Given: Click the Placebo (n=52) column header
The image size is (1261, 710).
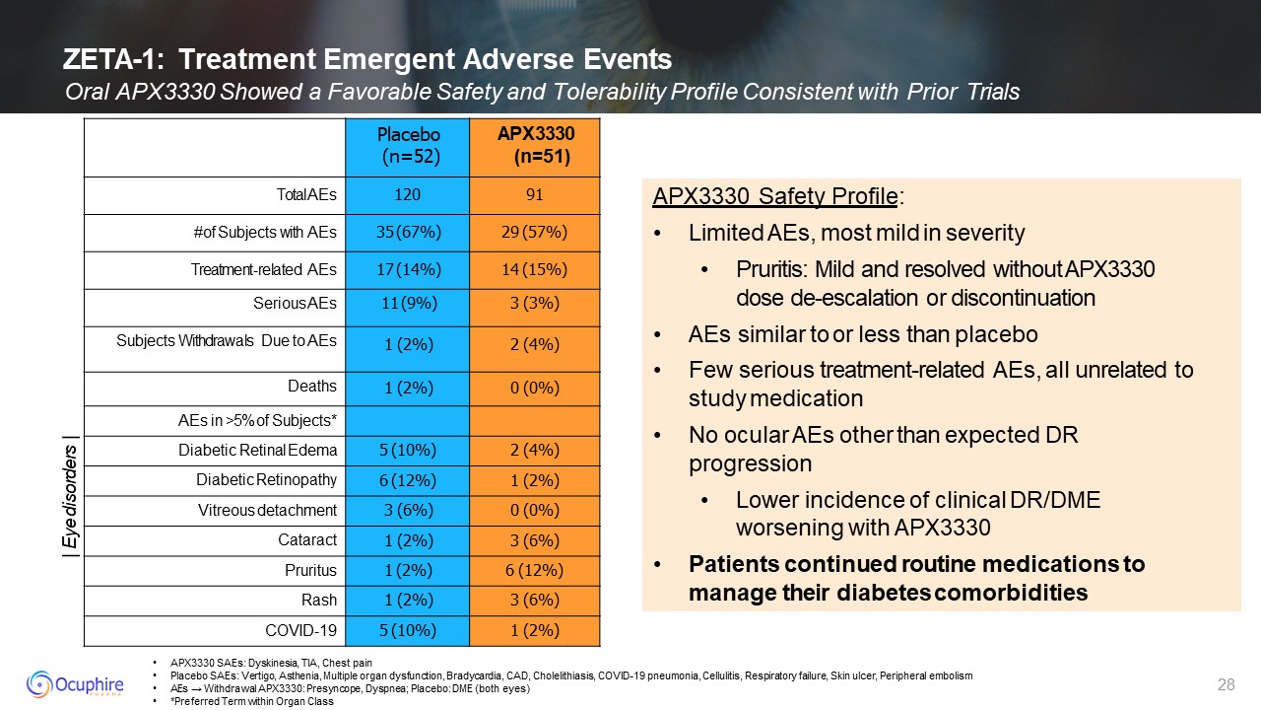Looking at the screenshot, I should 408,145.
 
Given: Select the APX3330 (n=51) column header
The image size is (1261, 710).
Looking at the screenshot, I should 535,145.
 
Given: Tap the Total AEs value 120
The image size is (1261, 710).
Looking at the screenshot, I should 408,195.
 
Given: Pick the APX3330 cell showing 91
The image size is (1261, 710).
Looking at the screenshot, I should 535,195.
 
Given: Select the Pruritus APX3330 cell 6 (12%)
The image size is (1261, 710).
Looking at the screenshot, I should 535,570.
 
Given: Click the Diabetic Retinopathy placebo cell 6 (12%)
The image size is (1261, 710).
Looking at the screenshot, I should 408,480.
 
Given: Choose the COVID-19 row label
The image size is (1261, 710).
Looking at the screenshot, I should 301,629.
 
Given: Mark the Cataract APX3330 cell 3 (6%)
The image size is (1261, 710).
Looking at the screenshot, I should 535,540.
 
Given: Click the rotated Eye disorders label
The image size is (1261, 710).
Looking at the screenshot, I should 69,495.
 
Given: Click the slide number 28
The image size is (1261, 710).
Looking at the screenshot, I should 1227,684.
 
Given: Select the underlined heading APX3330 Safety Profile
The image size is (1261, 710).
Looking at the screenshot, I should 774,197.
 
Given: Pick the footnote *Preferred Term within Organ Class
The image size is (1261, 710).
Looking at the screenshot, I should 251,701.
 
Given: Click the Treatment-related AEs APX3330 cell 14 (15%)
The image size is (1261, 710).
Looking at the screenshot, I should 535,270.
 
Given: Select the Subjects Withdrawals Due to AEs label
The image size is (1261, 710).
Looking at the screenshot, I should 227,341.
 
